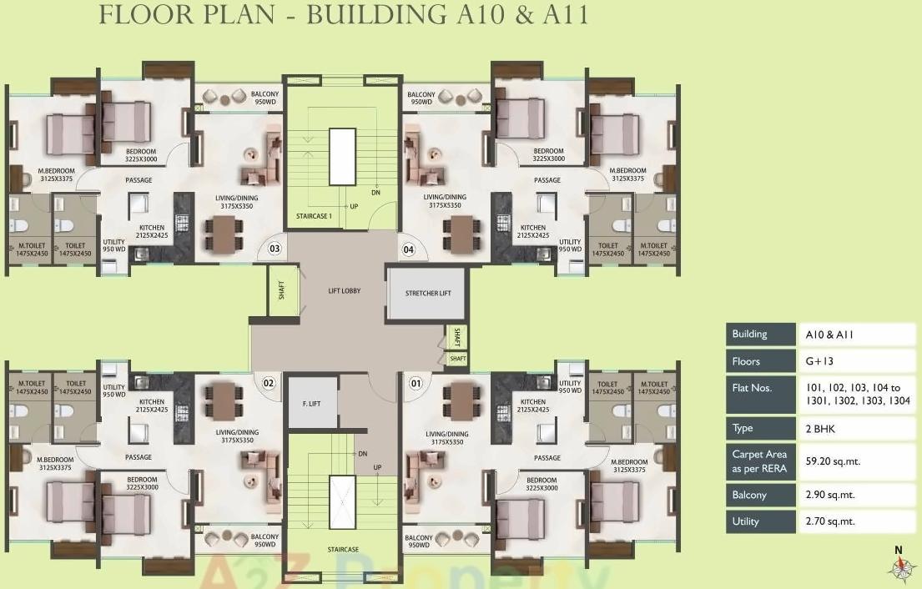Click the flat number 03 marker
click(274, 249)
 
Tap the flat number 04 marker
click(409, 249)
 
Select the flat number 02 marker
click(269, 383)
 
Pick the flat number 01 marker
click(415, 383)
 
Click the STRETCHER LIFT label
click(428, 294)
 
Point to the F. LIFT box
click(312, 404)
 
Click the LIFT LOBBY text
click(344, 291)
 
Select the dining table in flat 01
click(461, 399)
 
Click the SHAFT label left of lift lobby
click(282, 291)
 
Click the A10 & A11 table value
click(829, 335)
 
